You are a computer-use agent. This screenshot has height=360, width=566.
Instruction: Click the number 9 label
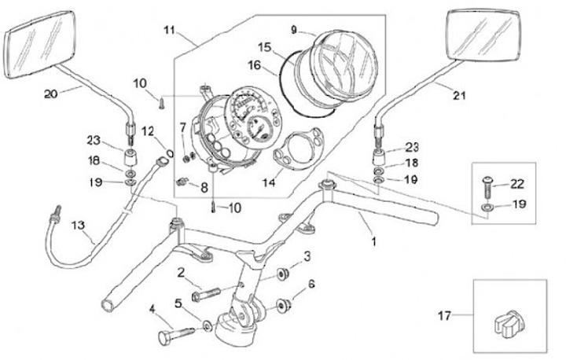[294, 30]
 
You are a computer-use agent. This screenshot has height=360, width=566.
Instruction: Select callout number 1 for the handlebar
[373, 241]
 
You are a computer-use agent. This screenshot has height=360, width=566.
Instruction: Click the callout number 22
[516, 186]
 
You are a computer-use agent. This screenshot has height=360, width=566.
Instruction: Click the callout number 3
[307, 256]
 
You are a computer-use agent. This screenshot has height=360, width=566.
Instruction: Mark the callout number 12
[148, 130]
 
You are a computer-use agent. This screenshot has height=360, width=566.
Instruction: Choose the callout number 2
[180, 273]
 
